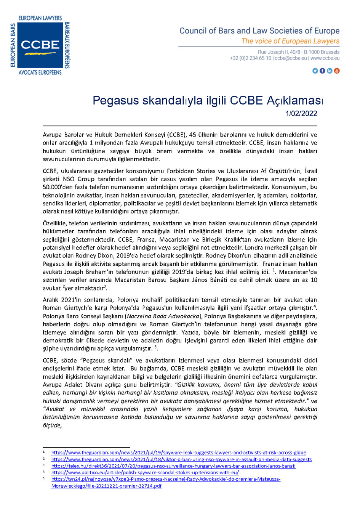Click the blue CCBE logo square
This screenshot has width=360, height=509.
click(x=40, y=45)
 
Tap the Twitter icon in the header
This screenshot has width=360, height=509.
click(x=315, y=71)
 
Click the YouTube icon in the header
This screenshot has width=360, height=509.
click(x=337, y=71)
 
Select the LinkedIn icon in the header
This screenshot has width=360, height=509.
click(x=330, y=71)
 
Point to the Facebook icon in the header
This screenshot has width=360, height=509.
click(x=322, y=71)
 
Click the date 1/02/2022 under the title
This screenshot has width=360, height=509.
click(x=301, y=114)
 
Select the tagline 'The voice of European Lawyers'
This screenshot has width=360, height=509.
click(x=290, y=41)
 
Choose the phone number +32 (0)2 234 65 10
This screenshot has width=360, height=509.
click(x=250, y=58)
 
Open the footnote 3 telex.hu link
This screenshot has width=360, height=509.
click(x=173, y=466)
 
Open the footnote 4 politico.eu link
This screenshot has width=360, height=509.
click(x=145, y=472)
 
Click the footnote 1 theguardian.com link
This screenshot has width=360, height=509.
click(x=179, y=453)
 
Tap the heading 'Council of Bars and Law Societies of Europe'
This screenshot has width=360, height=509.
click(x=259, y=31)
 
